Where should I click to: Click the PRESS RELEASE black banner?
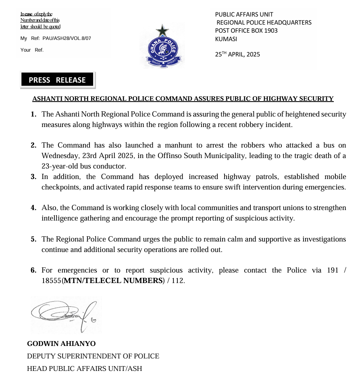tap(57, 80)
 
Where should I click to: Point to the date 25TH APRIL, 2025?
tap(237, 54)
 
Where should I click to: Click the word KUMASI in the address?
tap(226, 39)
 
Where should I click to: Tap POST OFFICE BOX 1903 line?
tap(246, 31)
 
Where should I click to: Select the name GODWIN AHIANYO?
tap(61, 344)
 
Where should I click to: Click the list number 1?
tap(34, 115)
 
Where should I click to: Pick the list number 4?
tap(34, 208)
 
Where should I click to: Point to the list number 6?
tap(34, 270)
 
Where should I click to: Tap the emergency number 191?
tap(333, 270)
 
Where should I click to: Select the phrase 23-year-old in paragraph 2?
tap(60, 166)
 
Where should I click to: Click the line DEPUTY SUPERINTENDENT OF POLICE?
tap(93, 356)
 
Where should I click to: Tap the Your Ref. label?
tap(32, 50)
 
